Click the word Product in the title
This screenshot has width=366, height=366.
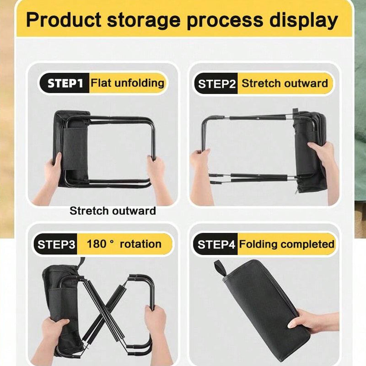click(64, 20)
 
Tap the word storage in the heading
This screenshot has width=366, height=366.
click(144, 20)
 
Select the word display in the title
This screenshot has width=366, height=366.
click(304, 21)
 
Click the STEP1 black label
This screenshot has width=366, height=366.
click(64, 83)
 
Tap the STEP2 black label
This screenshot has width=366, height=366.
click(215, 84)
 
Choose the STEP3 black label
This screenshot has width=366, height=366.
click(55, 244)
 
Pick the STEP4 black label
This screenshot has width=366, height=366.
click(215, 244)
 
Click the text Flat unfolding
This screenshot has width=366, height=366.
click(128, 83)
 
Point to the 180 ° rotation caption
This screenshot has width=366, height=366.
click(124, 244)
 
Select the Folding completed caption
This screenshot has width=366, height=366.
click(287, 244)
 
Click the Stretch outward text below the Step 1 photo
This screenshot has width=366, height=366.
click(113, 211)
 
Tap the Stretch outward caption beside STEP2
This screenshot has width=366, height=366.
click(285, 83)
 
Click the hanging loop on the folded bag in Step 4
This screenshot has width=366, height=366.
click(221, 268)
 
